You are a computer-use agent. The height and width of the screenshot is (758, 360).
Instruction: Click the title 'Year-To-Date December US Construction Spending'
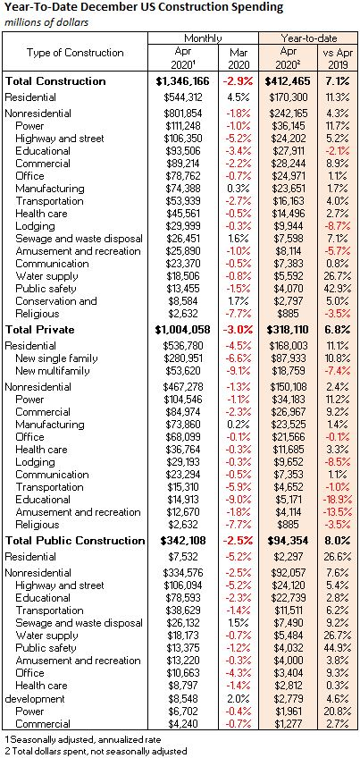pos(144,8)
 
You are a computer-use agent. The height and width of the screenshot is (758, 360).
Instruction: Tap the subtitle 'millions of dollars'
pos(46,22)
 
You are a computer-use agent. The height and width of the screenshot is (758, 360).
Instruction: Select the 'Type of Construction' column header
pos(75,52)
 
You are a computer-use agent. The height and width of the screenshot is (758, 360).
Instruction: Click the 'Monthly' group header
pos(203,38)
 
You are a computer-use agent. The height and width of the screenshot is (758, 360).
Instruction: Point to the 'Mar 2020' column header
pos(239,58)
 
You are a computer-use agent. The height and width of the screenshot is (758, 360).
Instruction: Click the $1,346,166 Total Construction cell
pos(182,81)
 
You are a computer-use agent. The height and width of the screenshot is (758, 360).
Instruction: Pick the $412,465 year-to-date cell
pos(289,81)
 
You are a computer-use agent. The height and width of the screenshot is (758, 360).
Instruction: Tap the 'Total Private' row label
pos(39,330)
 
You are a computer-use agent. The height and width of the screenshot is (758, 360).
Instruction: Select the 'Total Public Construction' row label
pos(75,540)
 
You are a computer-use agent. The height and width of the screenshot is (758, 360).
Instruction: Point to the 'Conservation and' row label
pos(56,300)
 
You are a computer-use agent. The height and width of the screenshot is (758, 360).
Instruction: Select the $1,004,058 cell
pos(182,330)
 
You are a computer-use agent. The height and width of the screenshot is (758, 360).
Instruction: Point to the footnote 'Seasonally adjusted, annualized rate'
pos(83,739)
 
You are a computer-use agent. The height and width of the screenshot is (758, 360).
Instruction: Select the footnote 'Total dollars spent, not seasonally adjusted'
pos(96,751)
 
